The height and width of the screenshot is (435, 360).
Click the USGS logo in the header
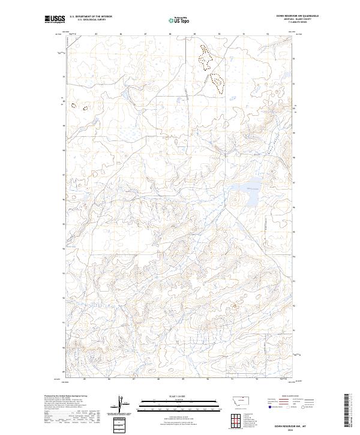55,19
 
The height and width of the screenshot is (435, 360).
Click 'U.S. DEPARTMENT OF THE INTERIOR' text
91,17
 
